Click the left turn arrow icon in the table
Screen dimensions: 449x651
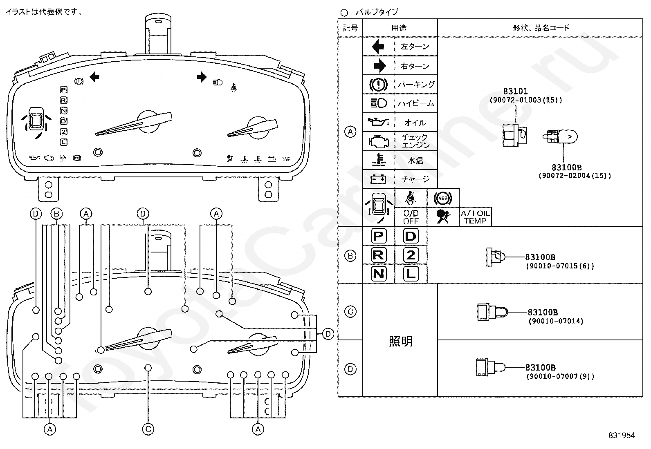click(378, 47)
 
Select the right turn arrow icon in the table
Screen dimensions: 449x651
click(379, 65)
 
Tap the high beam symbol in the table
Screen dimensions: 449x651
click(379, 103)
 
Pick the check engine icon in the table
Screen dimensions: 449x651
click(378, 141)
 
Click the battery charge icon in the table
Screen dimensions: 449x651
click(378, 179)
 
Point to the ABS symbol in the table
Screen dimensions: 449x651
click(443, 198)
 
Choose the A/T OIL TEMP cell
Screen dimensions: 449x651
click(475, 217)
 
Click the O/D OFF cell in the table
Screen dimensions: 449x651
click(411, 217)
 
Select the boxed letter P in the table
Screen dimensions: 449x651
click(378, 236)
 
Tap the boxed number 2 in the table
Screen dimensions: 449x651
click(411, 255)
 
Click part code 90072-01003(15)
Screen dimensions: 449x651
click(526, 100)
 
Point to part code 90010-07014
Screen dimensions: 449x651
click(556, 321)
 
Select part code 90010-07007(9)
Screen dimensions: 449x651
click(560, 376)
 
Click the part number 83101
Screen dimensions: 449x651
click(515, 92)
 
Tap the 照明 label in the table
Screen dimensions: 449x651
click(400, 341)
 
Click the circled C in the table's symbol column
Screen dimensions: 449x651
click(350, 312)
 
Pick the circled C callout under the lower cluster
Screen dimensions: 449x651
click(148, 429)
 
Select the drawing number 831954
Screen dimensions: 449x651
click(621, 436)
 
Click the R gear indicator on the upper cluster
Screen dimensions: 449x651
click(63, 100)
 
